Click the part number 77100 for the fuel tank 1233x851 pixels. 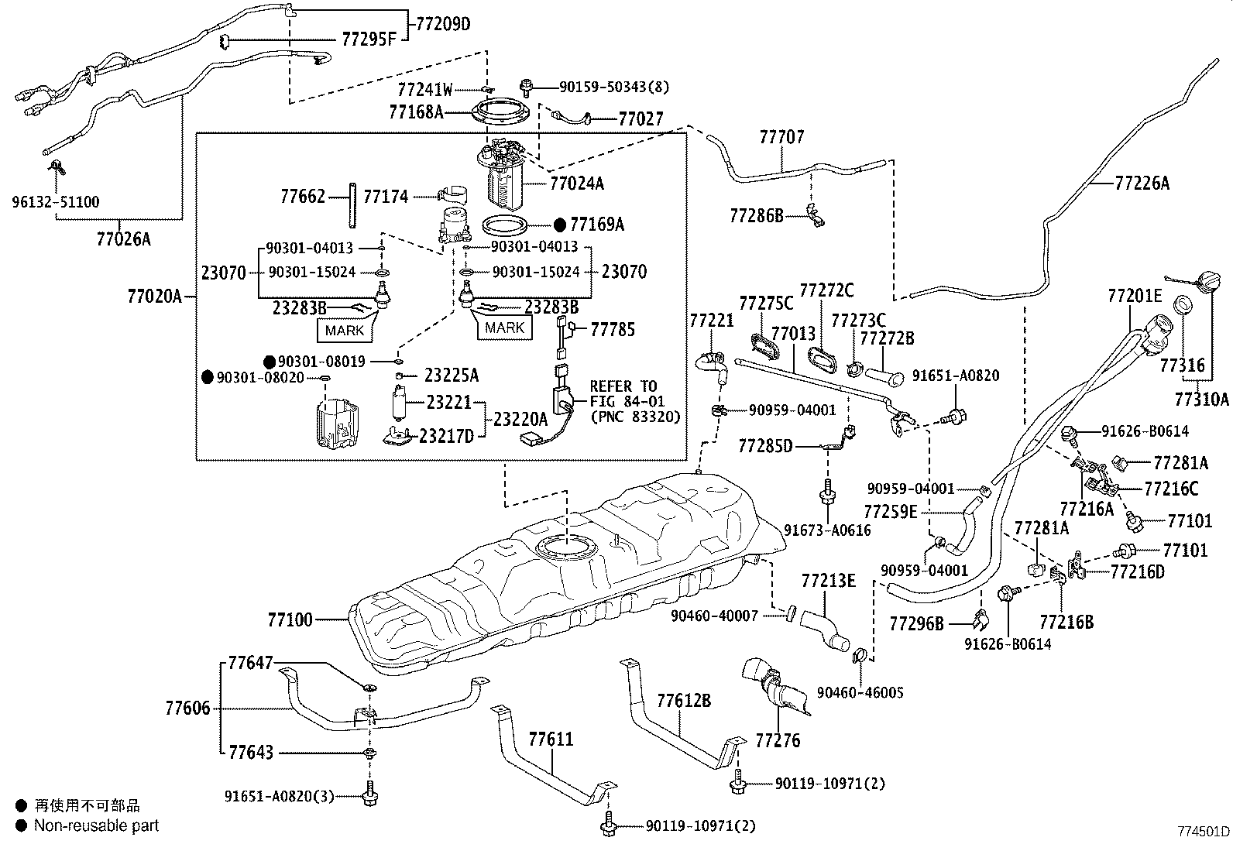290,619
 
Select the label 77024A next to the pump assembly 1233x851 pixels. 576,184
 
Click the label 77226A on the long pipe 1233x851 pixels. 1142,184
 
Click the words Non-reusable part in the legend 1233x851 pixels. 96,825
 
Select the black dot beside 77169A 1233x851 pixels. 560,225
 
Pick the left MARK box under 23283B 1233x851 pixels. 345,331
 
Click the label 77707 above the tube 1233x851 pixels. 781,137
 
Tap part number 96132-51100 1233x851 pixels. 55,202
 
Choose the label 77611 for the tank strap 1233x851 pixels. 551,739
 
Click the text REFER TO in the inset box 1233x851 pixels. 623,386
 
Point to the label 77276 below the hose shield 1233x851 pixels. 778,741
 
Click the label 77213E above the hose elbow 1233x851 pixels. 828,580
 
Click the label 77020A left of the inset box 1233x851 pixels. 155,296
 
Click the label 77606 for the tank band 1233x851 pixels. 187,708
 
